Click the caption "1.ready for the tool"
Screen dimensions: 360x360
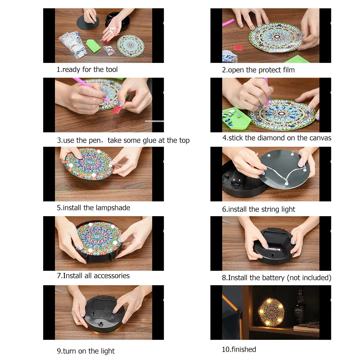point(87,69)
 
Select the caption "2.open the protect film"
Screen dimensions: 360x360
point(258,70)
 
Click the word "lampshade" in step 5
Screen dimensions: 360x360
point(113,208)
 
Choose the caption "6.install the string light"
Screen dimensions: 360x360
point(259,209)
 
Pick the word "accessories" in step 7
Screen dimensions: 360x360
point(111,276)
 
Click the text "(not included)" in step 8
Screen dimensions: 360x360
point(309,278)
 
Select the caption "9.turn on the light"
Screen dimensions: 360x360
point(86,351)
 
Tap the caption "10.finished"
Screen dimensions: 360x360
point(239,349)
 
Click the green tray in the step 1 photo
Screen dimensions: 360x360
point(93,46)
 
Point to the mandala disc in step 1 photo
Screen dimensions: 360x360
point(131,46)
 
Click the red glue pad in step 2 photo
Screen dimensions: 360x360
point(238,47)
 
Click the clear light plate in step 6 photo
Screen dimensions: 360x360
point(284,168)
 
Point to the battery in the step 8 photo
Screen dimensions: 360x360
point(275,247)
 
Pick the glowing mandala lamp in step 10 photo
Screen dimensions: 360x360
point(272,312)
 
